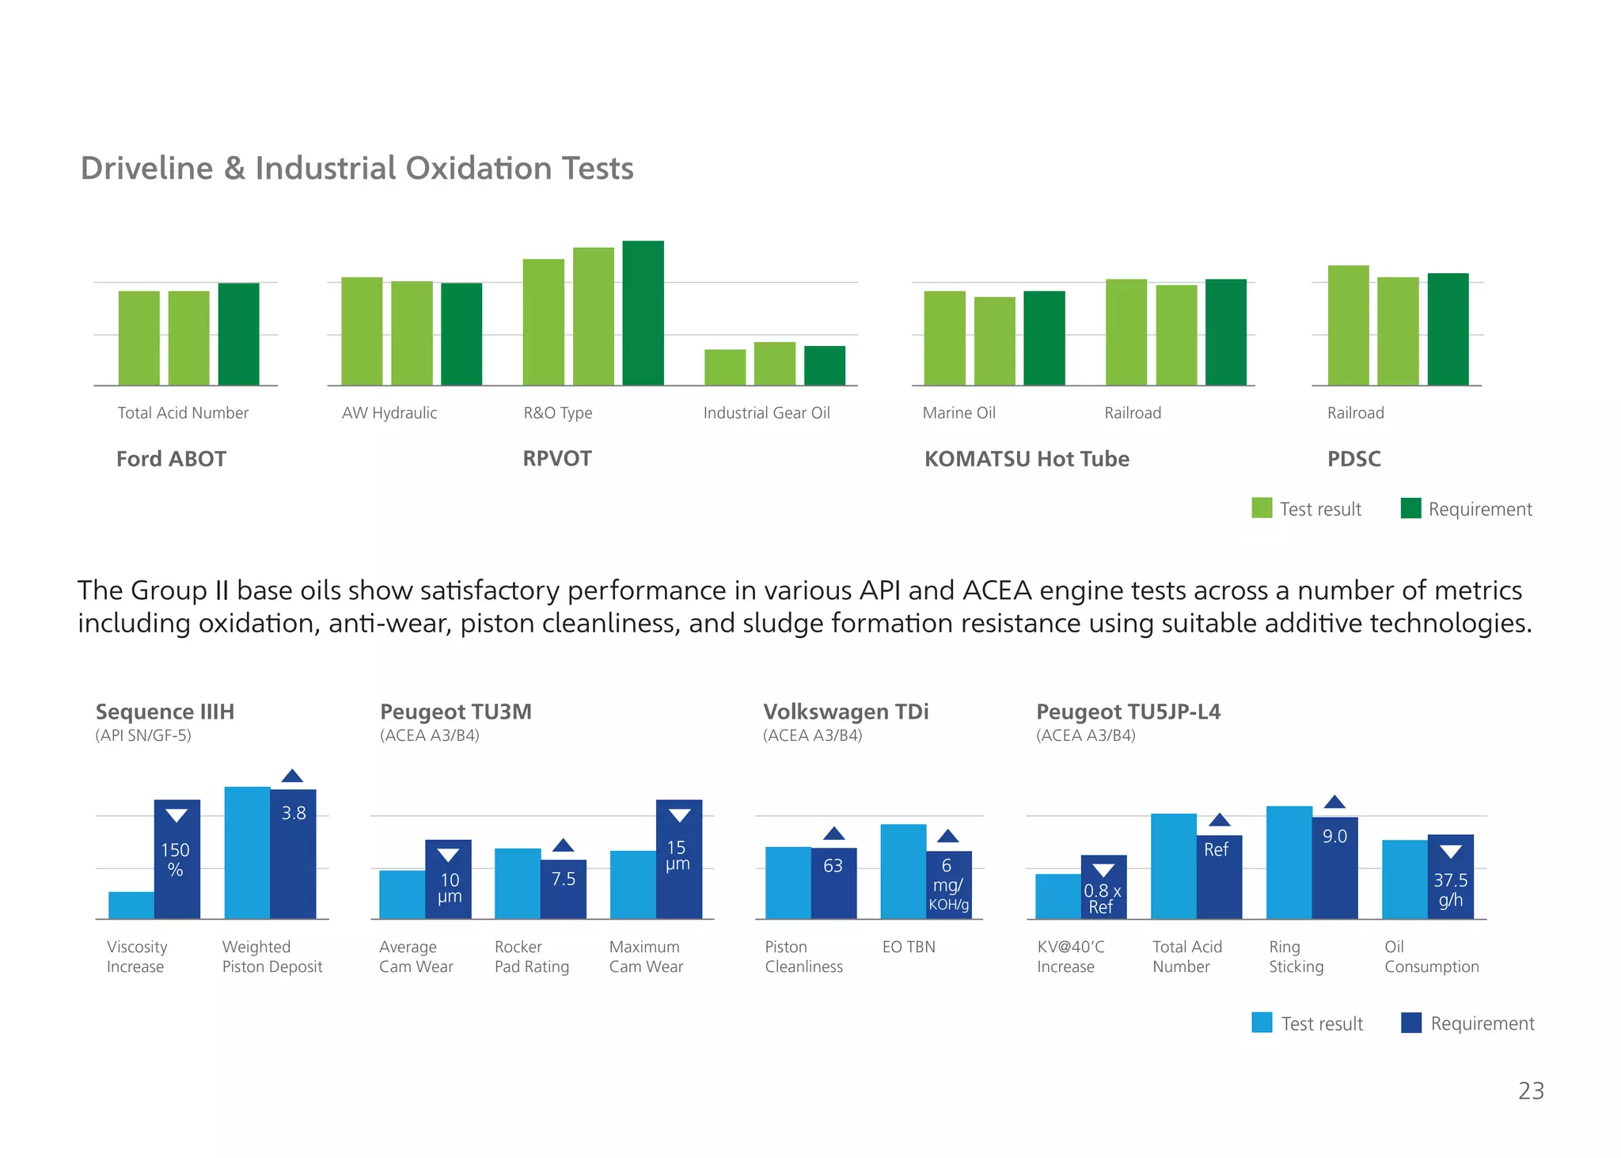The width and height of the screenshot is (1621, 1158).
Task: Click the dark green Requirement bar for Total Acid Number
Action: point(238,334)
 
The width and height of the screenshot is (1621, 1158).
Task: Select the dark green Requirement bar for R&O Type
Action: point(643,313)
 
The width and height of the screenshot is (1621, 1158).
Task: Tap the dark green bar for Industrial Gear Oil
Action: point(824,366)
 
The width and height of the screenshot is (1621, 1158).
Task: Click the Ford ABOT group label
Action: point(171,459)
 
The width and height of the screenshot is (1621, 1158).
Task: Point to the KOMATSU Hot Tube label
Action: point(1027,459)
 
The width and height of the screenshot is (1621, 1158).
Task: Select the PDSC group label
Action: point(1353,459)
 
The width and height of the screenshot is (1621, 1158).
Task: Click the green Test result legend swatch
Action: point(1262,508)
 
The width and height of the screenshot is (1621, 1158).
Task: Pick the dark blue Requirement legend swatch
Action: point(1410,1023)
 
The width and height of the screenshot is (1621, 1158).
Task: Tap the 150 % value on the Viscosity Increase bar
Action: point(176,860)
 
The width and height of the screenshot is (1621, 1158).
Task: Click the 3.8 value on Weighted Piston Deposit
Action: point(294,813)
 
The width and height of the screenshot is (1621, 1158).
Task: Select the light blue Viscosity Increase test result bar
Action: point(131,906)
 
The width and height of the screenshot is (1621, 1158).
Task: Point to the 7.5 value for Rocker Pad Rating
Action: point(564,879)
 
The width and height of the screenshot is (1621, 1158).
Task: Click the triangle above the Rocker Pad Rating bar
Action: point(563,845)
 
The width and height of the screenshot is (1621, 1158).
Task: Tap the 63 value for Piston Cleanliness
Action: point(833,866)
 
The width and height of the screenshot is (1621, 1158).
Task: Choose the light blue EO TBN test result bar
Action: point(903,871)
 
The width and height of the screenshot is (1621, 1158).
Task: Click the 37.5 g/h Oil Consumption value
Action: point(1450,890)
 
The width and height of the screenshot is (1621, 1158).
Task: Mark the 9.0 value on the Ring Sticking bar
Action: point(1334,837)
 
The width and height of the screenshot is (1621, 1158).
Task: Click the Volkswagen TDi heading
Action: point(845,712)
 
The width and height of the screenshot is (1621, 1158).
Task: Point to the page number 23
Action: point(1531,1091)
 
